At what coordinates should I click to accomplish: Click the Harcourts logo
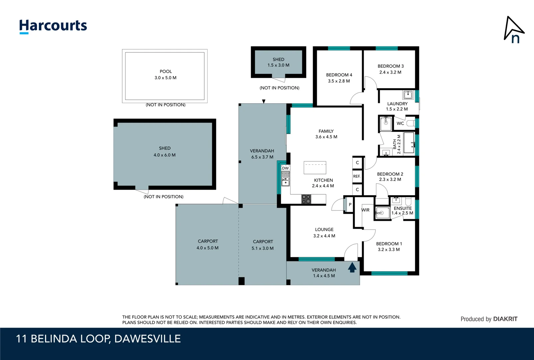pos(53,26)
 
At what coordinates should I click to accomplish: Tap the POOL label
pos(166,71)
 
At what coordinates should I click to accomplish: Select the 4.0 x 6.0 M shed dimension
pos(164,155)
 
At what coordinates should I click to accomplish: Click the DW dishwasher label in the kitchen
pos(285,168)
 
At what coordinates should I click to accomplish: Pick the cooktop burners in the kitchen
pos(306,199)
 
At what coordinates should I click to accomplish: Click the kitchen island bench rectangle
pos(315,168)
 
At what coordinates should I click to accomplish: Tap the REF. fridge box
pos(357,176)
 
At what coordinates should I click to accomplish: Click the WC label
pos(400,123)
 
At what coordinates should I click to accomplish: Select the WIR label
pos(365,210)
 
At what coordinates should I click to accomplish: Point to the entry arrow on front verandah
pos(352,267)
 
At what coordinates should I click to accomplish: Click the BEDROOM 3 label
pos(390,66)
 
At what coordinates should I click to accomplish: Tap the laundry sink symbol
pos(408,95)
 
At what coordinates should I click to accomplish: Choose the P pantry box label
pos(350,205)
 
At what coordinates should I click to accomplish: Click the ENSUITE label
pos(403,208)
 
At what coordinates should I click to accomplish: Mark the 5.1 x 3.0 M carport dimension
pos(263,248)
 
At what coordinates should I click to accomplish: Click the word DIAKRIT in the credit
pos(505,319)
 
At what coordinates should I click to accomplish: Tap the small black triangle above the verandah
pos(264,101)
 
